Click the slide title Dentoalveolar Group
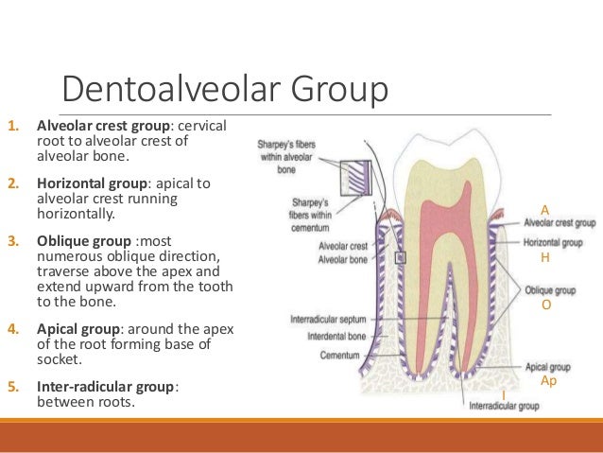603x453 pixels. pyautogui.click(x=225, y=91)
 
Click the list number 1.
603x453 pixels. pyautogui.click(x=12, y=125)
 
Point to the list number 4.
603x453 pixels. pyautogui.click(x=12, y=328)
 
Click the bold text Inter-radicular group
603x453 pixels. pyautogui.click(x=106, y=387)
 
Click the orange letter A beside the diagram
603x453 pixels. pyautogui.click(x=544, y=209)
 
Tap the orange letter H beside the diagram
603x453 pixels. pyautogui.click(x=544, y=257)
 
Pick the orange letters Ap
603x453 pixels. pyautogui.click(x=548, y=379)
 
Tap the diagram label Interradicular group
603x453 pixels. pyautogui.click(x=504, y=407)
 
